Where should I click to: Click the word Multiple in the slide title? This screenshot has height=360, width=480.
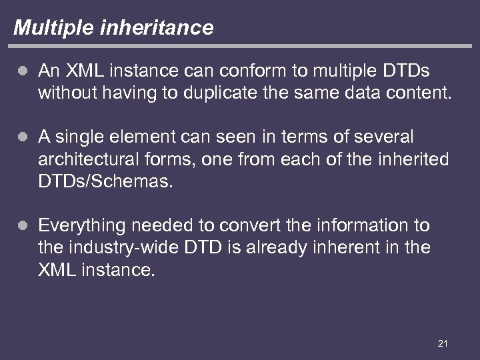[46, 28]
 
